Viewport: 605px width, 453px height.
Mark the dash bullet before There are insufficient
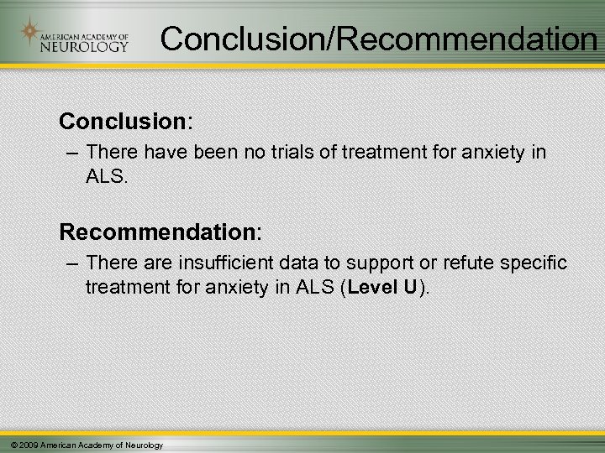pyautogui.click(x=70, y=263)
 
